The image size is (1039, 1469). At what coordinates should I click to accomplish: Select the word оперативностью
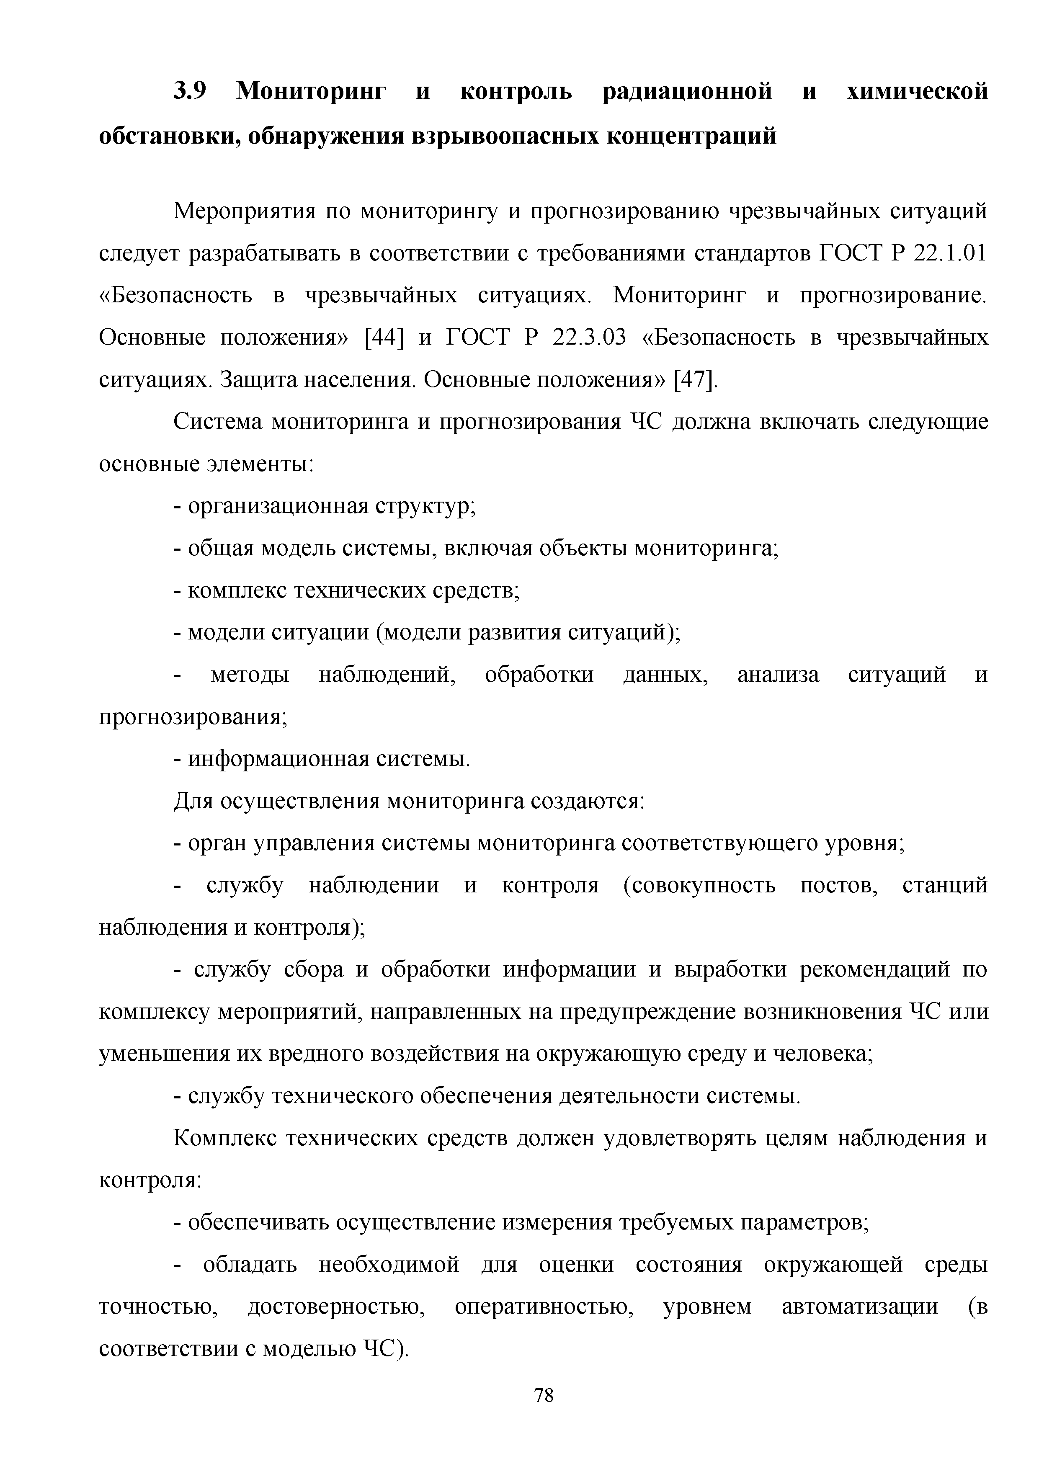544,1307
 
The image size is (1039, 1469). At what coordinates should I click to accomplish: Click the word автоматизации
861,1307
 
